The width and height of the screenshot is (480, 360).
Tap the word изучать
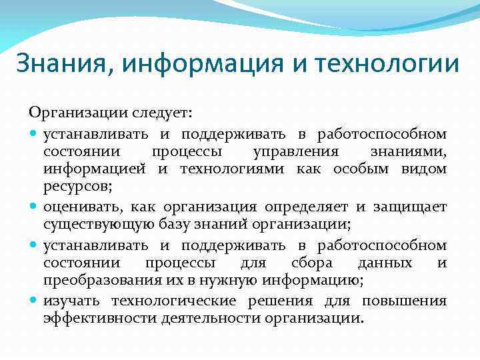coord(73,301)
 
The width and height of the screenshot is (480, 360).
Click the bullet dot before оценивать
coord(34,211)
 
